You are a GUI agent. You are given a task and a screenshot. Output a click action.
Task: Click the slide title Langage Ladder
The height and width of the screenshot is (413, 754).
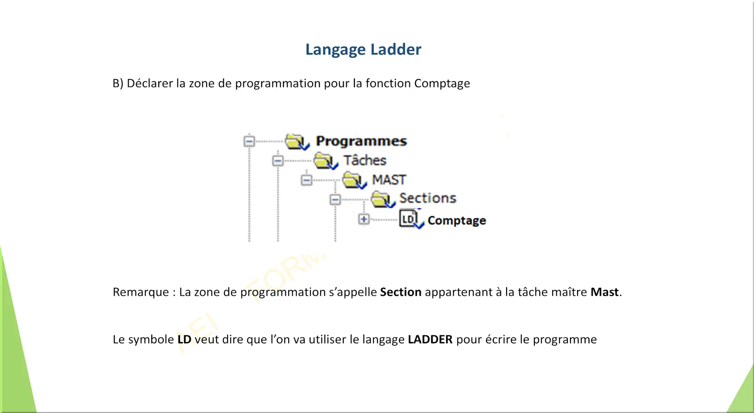(363, 50)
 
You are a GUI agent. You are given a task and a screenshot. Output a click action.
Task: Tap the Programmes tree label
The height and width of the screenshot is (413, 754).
(361, 141)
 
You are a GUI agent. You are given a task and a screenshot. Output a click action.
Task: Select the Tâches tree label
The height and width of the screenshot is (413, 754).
(365, 160)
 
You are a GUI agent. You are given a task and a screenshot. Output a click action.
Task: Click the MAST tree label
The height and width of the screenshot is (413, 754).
(389, 180)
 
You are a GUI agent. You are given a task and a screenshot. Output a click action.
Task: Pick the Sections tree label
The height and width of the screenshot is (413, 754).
(428, 198)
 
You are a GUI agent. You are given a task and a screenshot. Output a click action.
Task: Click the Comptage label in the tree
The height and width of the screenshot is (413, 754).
(457, 221)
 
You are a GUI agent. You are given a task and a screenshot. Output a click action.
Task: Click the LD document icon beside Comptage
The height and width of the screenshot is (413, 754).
(410, 219)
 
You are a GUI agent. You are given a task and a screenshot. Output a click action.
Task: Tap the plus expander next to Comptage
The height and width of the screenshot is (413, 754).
(364, 219)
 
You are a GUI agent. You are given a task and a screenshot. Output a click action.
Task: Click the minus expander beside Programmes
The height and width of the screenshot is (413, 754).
(249, 141)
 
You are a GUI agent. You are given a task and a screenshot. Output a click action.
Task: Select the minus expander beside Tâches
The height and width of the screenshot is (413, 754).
(278, 160)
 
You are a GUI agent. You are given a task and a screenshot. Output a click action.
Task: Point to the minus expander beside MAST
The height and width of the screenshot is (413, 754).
(306, 180)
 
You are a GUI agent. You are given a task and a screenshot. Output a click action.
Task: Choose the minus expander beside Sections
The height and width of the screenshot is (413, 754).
(335, 199)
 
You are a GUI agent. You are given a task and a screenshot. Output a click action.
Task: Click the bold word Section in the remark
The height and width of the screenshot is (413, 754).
(401, 292)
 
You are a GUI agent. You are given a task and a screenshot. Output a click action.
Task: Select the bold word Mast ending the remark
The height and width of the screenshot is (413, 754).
(605, 292)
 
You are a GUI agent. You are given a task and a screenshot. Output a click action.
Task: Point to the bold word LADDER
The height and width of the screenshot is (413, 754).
(430, 339)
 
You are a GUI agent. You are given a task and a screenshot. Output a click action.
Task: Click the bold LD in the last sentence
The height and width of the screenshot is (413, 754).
(185, 339)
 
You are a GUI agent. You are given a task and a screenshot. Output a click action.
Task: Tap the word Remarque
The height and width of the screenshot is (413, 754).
(141, 292)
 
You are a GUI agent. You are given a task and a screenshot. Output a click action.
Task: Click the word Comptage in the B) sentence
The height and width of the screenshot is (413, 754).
(442, 83)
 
